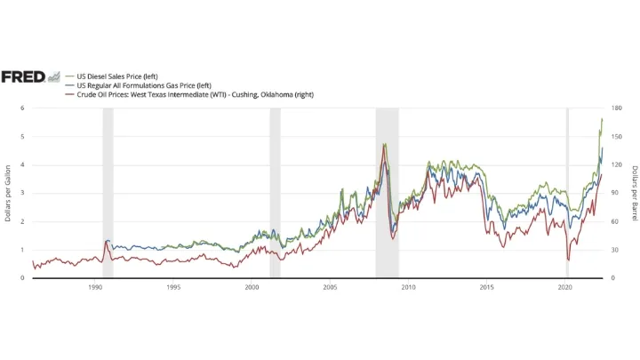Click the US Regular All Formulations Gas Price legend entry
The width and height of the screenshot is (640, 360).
139,85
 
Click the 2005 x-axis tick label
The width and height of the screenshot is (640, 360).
330,288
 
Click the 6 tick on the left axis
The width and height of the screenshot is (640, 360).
23,108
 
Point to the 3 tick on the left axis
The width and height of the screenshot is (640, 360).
23,193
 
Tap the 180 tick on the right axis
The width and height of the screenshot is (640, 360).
616,108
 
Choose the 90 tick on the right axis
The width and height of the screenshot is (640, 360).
614,193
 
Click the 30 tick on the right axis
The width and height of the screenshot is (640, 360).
614,250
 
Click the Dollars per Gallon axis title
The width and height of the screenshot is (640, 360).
8,193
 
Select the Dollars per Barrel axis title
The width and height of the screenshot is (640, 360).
633,193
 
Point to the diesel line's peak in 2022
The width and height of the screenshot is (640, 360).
602,118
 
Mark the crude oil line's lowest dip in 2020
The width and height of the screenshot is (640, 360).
568,260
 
